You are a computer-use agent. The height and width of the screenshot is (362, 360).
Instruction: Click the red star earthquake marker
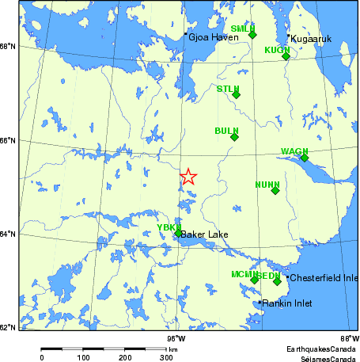[x=188, y=177]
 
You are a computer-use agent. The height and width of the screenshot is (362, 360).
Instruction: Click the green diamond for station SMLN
[x=252, y=34]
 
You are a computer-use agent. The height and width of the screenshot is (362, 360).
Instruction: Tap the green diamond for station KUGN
[x=286, y=55]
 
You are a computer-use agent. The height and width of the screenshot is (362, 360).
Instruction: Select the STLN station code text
[x=228, y=89]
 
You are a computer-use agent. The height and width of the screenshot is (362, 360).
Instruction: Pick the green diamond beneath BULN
[x=234, y=137]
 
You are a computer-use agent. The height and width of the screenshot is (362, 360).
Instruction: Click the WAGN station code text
[x=294, y=151]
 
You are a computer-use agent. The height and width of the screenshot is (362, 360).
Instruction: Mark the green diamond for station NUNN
[x=275, y=190]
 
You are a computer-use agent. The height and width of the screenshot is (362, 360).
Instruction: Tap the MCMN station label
[x=243, y=274]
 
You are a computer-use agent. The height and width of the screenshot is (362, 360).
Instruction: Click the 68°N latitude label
[x=7, y=47]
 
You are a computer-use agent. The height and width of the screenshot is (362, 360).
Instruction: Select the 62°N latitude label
[x=7, y=326]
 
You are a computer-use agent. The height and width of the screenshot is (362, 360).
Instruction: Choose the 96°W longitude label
[x=175, y=336]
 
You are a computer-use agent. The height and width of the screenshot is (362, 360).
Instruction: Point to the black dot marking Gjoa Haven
[x=185, y=34]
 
